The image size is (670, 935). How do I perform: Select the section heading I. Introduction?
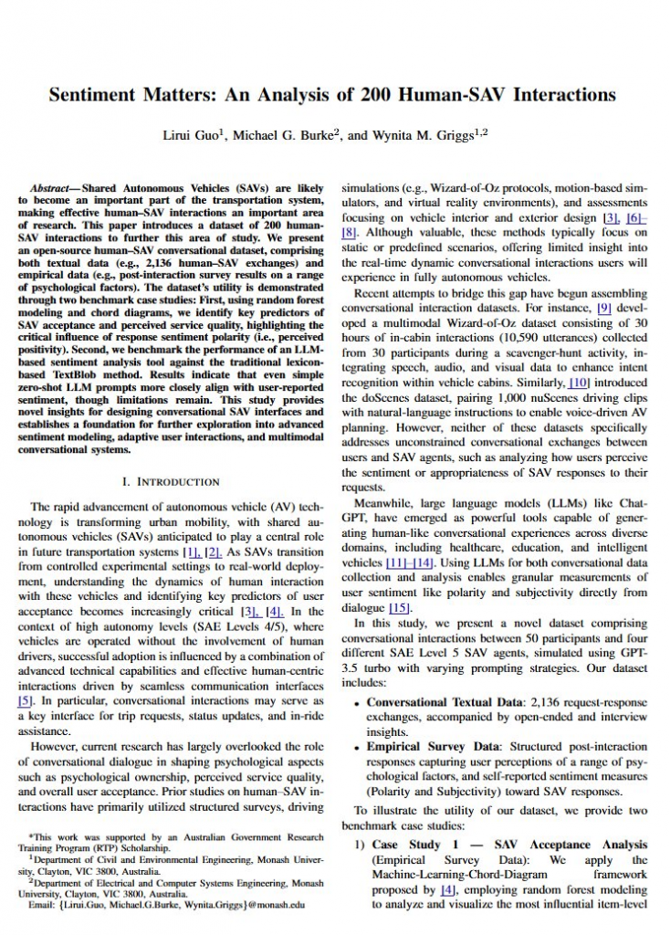pos(170,481)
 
